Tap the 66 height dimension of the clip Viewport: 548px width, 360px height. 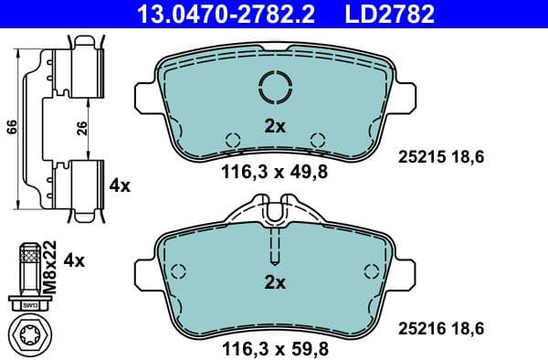(x=10, y=128)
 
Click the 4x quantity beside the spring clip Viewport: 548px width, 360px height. (x=120, y=185)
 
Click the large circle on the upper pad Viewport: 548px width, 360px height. (x=275, y=88)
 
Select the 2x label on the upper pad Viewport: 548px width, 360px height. (x=274, y=128)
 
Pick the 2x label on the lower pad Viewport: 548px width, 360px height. (x=274, y=282)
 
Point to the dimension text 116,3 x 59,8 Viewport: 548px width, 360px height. (x=275, y=349)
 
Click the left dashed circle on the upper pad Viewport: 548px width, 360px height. (x=232, y=141)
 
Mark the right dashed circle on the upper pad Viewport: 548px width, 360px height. (x=318, y=141)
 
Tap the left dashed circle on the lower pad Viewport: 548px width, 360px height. (x=179, y=270)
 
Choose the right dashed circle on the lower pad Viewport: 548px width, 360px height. (x=371, y=270)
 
